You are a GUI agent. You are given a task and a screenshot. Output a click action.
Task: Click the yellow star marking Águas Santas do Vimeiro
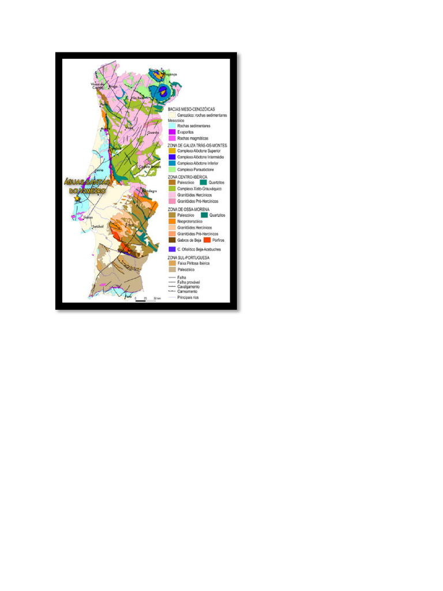click(x=77, y=198)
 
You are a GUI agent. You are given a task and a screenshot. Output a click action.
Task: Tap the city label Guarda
click(x=153, y=132)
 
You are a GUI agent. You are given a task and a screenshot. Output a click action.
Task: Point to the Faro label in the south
click(x=129, y=297)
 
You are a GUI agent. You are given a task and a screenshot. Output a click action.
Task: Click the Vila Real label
click(x=136, y=98)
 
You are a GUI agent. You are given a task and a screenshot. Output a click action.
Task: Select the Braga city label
click(x=113, y=87)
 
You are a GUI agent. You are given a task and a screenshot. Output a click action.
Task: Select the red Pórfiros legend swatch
click(x=207, y=240)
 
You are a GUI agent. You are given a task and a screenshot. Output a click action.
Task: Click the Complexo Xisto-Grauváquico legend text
click(x=200, y=189)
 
